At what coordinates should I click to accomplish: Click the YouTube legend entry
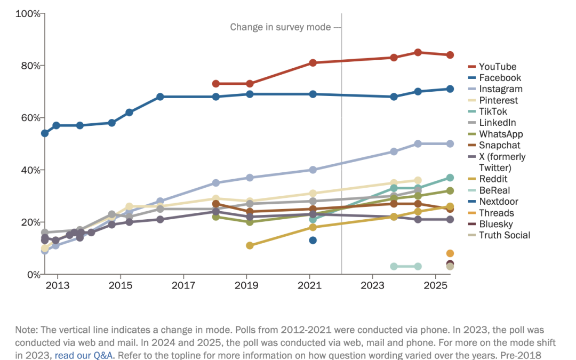tap(497, 67)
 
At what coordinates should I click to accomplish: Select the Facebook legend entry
tap(499, 78)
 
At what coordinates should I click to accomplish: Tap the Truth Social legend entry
tap(504, 235)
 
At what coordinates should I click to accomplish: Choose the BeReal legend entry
tap(494, 190)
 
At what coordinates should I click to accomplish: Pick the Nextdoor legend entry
tap(498, 202)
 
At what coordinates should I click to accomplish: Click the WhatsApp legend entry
tap(500, 134)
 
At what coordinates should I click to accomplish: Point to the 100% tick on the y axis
tap(29, 13)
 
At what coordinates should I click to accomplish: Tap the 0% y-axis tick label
tap(33, 274)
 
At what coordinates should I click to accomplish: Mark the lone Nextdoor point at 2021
tap(313, 241)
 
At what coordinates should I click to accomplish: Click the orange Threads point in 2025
tap(450, 253)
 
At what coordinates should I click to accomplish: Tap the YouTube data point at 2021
tap(313, 63)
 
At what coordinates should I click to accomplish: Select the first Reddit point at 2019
tap(250, 245)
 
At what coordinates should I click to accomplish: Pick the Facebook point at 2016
tap(160, 97)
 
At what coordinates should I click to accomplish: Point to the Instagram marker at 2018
tap(216, 183)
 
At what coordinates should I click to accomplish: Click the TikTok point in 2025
tap(450, 178)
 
